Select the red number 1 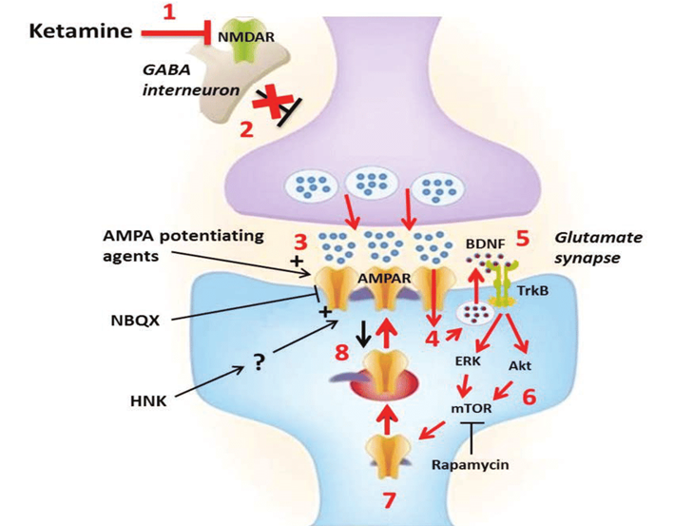170,13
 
